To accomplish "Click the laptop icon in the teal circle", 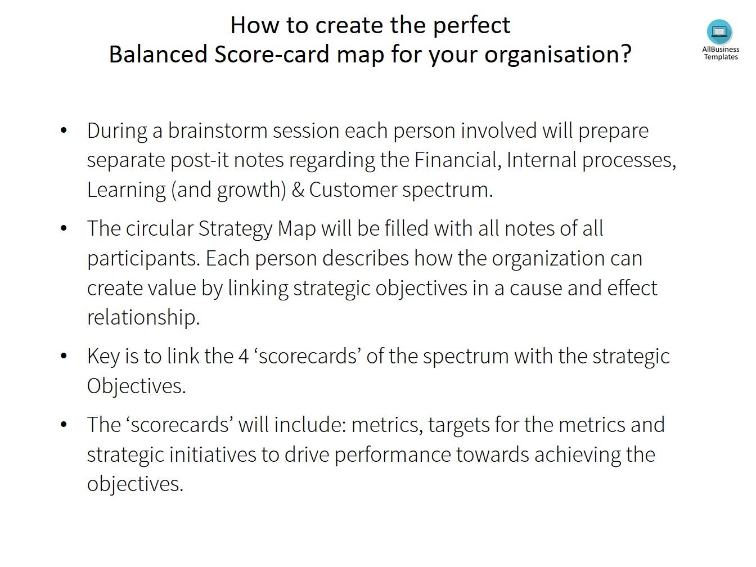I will [719, 31].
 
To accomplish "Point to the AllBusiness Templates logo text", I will [721, 53].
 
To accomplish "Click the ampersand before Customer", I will [298, 190].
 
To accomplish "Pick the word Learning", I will [127, 190].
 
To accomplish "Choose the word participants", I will [143, 259].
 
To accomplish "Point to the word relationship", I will [143, 317].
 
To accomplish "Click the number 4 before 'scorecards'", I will [244, 357].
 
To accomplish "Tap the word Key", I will [103, 357].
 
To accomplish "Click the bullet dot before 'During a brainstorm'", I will [64, 131].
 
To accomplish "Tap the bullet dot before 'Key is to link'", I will [64, 357].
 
